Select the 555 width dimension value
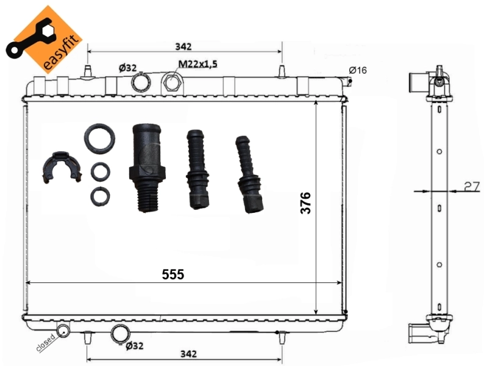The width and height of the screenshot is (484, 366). [x=173, y=274]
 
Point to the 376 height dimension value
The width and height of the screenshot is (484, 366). [x=306, y=202]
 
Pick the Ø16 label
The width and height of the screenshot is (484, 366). [x=358, y=71]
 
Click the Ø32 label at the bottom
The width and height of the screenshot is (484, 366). [x=134, y=346]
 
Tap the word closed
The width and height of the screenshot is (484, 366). [x=46, y=345]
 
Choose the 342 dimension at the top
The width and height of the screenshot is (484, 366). [x=183, y=46]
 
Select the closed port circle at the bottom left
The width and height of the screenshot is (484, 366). [x=63, y=331]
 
